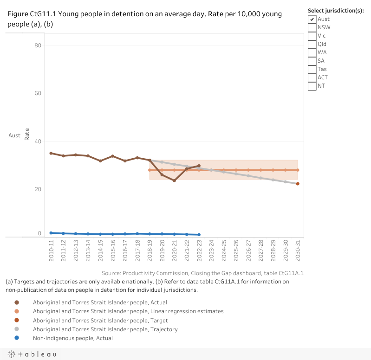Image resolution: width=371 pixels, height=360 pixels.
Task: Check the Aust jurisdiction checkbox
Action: [312, 19]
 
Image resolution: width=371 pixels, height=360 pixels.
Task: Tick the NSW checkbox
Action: [312, 27]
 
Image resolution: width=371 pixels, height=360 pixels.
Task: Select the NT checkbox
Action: [312, 86]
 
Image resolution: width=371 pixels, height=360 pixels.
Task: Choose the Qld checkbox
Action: [312, 44]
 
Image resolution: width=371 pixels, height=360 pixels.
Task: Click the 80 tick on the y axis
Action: [38, 45]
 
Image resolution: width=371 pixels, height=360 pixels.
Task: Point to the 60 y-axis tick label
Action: [38, 93]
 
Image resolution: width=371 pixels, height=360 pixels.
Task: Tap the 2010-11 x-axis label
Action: [51, 251]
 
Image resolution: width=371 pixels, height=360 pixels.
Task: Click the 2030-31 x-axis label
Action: [298, 251]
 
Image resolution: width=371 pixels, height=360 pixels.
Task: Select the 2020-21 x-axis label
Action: [174, 251]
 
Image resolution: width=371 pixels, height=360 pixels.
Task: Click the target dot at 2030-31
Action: [298, 184]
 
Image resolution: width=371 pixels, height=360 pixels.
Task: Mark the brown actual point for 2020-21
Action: [174, 180]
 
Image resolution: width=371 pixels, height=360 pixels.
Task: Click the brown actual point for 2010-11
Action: [51, 153]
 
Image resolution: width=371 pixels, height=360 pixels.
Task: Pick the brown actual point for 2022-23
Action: [199, 166]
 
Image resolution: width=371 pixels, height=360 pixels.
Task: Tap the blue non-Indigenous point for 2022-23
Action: [199, 235]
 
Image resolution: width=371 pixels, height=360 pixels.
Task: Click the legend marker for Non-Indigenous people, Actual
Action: [17, 338]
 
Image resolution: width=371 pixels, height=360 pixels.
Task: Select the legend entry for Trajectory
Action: [105, 329]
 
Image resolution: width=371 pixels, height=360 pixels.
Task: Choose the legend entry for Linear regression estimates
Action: [128, 311]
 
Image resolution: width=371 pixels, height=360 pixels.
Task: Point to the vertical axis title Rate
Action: [27, 135]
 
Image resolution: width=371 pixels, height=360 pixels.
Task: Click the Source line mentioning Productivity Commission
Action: [202, 273]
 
